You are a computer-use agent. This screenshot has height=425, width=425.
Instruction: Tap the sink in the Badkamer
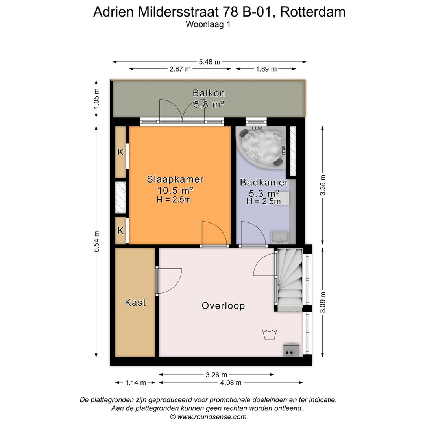click(280, 237)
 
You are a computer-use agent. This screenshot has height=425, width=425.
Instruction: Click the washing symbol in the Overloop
click(270, 334)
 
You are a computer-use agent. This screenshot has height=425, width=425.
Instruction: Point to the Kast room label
click(135, 303)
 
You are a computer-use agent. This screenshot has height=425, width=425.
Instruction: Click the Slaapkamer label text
click(175, 179)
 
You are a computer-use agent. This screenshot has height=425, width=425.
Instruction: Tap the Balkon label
click(209, 93)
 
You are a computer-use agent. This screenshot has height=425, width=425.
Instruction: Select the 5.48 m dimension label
click(209, 62)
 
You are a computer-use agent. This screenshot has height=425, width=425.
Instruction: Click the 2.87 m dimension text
click(180, 69)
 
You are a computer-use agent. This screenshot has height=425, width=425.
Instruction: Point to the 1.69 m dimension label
click(266, 69)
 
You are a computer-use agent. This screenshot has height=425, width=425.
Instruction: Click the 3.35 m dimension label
click(323, 185)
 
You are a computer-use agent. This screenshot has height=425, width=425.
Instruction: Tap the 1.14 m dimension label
click(135, 382)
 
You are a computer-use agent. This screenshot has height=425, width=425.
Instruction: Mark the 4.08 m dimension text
click(231, 382)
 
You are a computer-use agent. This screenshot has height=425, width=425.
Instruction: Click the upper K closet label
click(120, 152)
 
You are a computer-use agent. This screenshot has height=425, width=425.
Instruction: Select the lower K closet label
click(120, 231)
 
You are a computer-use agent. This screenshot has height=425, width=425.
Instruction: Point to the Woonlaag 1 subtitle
click(208, 24)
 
